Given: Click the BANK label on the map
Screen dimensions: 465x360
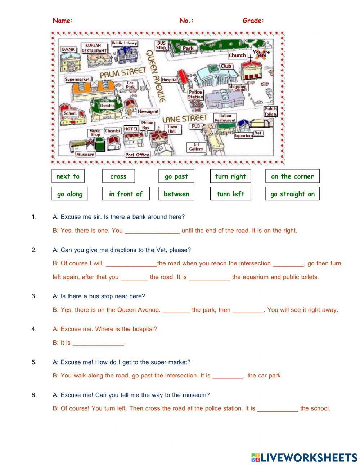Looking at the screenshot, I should [68, 49].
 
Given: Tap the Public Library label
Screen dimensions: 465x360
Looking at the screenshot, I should [124, 43].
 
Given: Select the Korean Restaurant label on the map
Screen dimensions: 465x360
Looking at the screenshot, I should [94, 48].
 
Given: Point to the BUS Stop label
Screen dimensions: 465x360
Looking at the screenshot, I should [161, 45].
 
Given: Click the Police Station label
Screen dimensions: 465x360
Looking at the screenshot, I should [195, 94].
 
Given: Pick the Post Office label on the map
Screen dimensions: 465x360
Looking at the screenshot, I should [137, 155].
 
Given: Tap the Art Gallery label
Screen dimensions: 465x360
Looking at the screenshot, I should [196, 147].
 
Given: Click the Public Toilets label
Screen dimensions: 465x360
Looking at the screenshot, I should [270, 111].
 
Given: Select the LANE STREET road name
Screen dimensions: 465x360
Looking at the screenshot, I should [185, 118].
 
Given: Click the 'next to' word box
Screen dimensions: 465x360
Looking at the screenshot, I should [68, 176].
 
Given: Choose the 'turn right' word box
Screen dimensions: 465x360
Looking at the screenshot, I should [230, 176].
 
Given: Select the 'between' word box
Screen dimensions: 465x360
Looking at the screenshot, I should [176, 194].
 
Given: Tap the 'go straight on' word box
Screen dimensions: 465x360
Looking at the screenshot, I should [292, 194].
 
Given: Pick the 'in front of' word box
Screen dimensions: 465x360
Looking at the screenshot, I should [126, 194].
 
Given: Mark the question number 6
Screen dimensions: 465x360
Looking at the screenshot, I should [34, 395].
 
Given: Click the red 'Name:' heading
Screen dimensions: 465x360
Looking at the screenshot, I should [63, 21].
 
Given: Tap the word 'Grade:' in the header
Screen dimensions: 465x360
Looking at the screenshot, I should [253, 21].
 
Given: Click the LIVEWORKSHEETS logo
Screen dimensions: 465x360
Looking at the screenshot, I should [304, 457].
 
